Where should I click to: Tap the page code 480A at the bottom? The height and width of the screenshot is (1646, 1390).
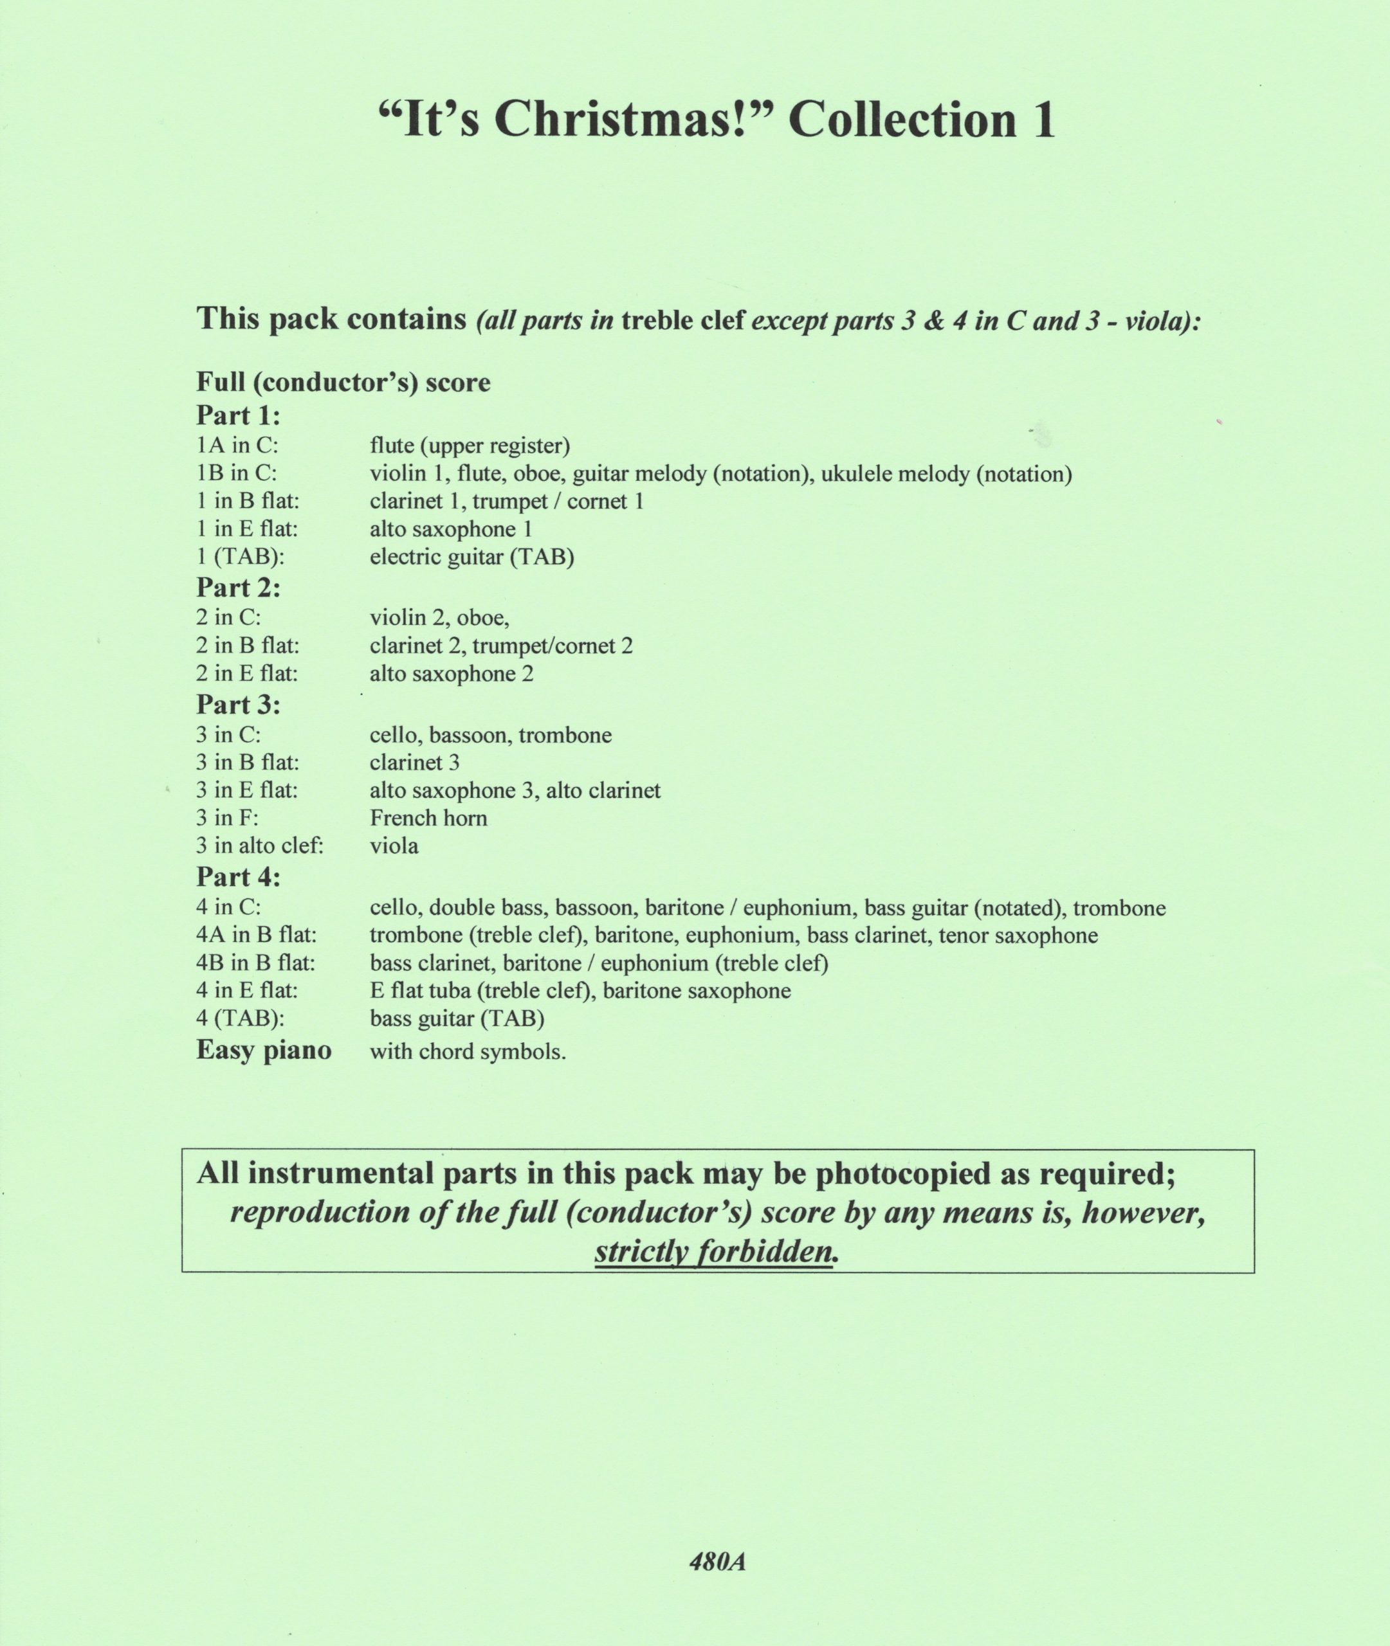(717, 1562)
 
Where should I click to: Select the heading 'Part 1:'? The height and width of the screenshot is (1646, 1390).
(238, 415)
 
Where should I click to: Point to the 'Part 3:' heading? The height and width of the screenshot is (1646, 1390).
(238, 704)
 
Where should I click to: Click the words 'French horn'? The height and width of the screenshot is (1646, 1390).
(428, 818)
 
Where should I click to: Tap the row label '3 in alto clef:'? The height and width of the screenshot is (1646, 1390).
(259, 846)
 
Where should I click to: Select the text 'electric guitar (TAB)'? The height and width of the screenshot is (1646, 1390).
(471, 557)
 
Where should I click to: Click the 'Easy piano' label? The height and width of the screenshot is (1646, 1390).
(263, 1050)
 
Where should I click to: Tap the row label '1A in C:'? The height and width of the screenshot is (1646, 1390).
(237, 446)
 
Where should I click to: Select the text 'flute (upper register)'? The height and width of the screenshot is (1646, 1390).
(470, 446)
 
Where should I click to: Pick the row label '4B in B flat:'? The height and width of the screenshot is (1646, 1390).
(255, 963)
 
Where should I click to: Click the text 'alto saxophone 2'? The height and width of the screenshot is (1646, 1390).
(452, 674)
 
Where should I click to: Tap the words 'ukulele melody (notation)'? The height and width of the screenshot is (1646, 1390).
(946, 474)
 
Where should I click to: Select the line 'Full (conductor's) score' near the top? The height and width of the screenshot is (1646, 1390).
(343, 383)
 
